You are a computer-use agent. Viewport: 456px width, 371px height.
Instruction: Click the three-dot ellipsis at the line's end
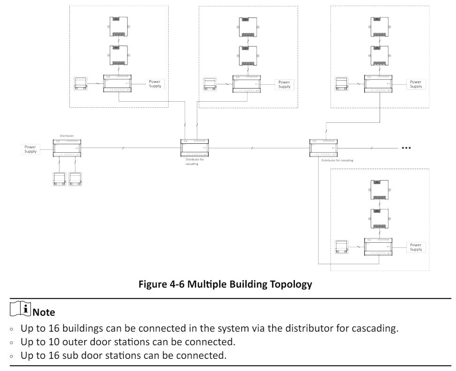click(406, 148)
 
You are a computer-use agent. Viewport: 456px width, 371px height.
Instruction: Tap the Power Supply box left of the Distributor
click(30, 149)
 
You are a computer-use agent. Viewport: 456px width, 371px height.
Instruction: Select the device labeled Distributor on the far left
click(67, 147)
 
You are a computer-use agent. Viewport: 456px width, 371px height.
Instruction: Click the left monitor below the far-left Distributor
click(60, 180)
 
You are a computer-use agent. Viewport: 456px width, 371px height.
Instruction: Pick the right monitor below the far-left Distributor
click(75, 180)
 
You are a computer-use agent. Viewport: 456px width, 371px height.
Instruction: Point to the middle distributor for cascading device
click(195, 148)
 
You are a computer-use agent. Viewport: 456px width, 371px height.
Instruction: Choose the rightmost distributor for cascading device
click(324, 148)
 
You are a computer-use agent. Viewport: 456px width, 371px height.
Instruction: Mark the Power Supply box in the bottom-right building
click(416, 247)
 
